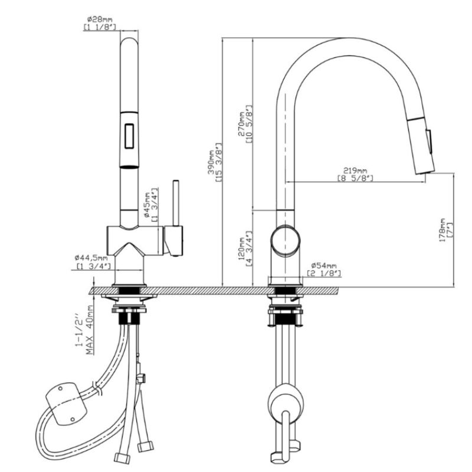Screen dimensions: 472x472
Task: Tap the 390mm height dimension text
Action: (x=211, y=163)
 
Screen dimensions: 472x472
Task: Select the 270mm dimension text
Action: (x=241, y=124)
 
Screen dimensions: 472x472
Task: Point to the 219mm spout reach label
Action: (x=355, y=171)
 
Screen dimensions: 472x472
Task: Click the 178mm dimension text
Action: (x=442, y=230)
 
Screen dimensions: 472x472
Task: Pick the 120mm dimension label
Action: (x=241, y=248)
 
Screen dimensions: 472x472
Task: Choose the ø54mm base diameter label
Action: (x=324, y=266)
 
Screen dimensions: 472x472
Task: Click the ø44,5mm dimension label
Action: (x=91, y=258)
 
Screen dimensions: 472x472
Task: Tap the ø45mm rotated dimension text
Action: (x=146, y=205)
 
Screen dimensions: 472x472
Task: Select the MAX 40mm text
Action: (x=90, y=330)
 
